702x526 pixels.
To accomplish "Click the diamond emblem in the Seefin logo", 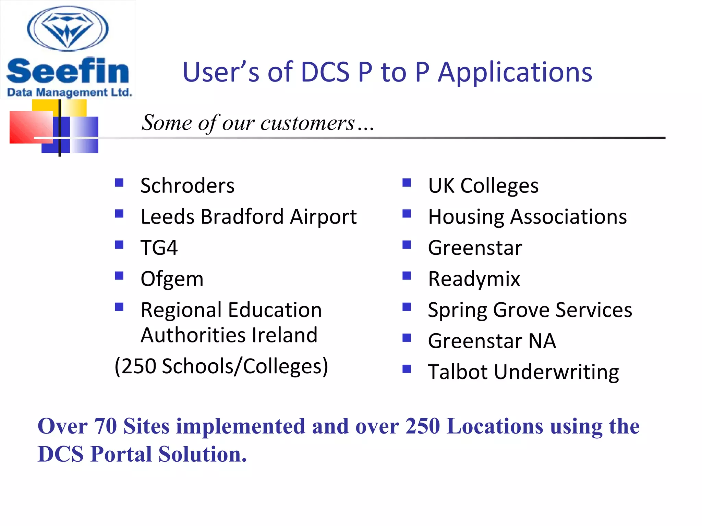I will click(68, 29).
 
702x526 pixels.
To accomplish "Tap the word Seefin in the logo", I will click(68, 71).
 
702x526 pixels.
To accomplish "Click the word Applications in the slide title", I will click(515, 73).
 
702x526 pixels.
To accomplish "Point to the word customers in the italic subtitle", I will click(307, 123).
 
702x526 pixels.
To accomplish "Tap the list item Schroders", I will click(187, 186).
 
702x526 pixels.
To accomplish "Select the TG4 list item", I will click(159, 248).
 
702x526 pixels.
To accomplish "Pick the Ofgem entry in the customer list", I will click(172, 279).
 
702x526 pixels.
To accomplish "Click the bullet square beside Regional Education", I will click(119, 306).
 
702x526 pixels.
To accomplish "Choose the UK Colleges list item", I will click(483, 186).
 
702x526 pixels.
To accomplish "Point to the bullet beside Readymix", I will click(407, 276).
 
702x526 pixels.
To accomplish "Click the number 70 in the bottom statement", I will click(105, 426).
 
